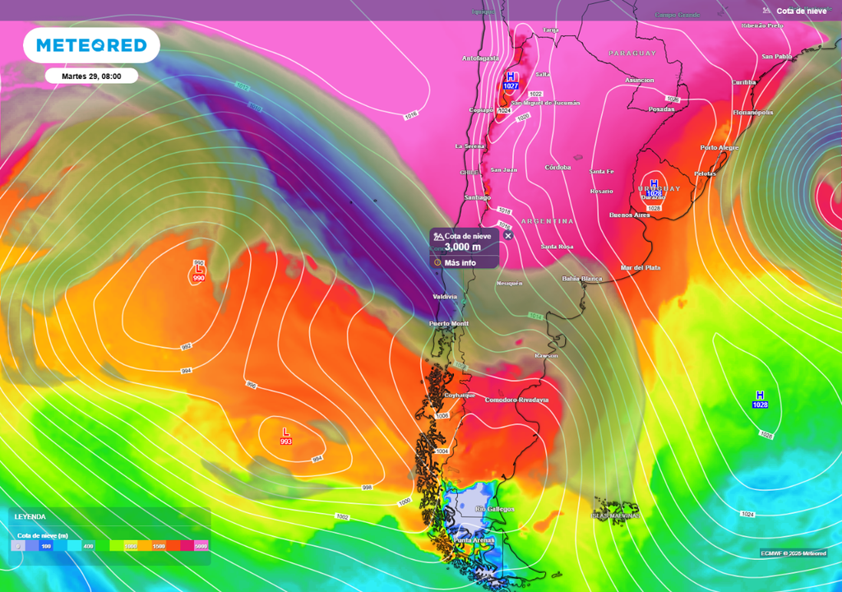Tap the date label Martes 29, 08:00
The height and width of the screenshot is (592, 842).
pyautogui.click(x=91, y=76)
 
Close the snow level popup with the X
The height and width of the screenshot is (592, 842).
pyautogui.click(x=507, y=235)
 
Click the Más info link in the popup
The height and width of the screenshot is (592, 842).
pyautogui.click(x=460, y=263)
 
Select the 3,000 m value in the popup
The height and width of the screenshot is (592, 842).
pyautogui.click(x=462, y=247)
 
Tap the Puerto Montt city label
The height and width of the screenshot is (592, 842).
pyautogui.click(x=448, y=324)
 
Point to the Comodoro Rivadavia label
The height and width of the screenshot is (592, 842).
pyautogui.click(x=516, y=400)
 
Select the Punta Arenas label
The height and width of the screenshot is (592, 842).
pyautogui.click(x=474, y=539)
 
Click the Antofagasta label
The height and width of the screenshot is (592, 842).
pyautogui.click(x=481, y=58)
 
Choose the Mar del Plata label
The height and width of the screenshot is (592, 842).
pyautogui.click(x=641, y=268)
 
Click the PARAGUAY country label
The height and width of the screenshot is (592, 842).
pyautogui.click(x=632, y=53)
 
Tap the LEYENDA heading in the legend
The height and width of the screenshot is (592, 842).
pyautogui.click(x=30, y=516)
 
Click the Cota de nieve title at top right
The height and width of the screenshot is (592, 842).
pyautogui.click(x=801, y=11)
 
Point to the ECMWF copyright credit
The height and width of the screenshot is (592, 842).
pyautogui.click(x=793, y=553)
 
